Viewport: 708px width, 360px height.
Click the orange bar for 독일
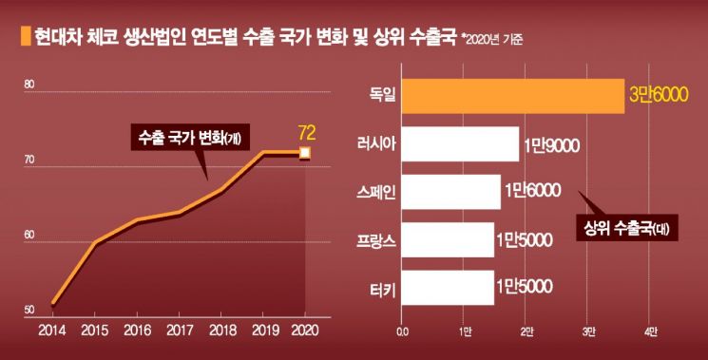pos(513,96)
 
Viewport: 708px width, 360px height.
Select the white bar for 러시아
pos(461,144)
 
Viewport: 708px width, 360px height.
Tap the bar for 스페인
pos(451,192)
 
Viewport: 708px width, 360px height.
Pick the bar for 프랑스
pos(448,240)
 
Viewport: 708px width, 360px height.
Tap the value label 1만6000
pos(532,192)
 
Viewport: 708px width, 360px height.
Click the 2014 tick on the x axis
pos(51,332)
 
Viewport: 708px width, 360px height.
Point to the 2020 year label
pos(305,332)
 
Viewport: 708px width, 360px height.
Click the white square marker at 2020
pos(305,152)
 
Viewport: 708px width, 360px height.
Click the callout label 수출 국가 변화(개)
pos(184,137)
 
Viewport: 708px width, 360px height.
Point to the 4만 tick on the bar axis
pos(649,332)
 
